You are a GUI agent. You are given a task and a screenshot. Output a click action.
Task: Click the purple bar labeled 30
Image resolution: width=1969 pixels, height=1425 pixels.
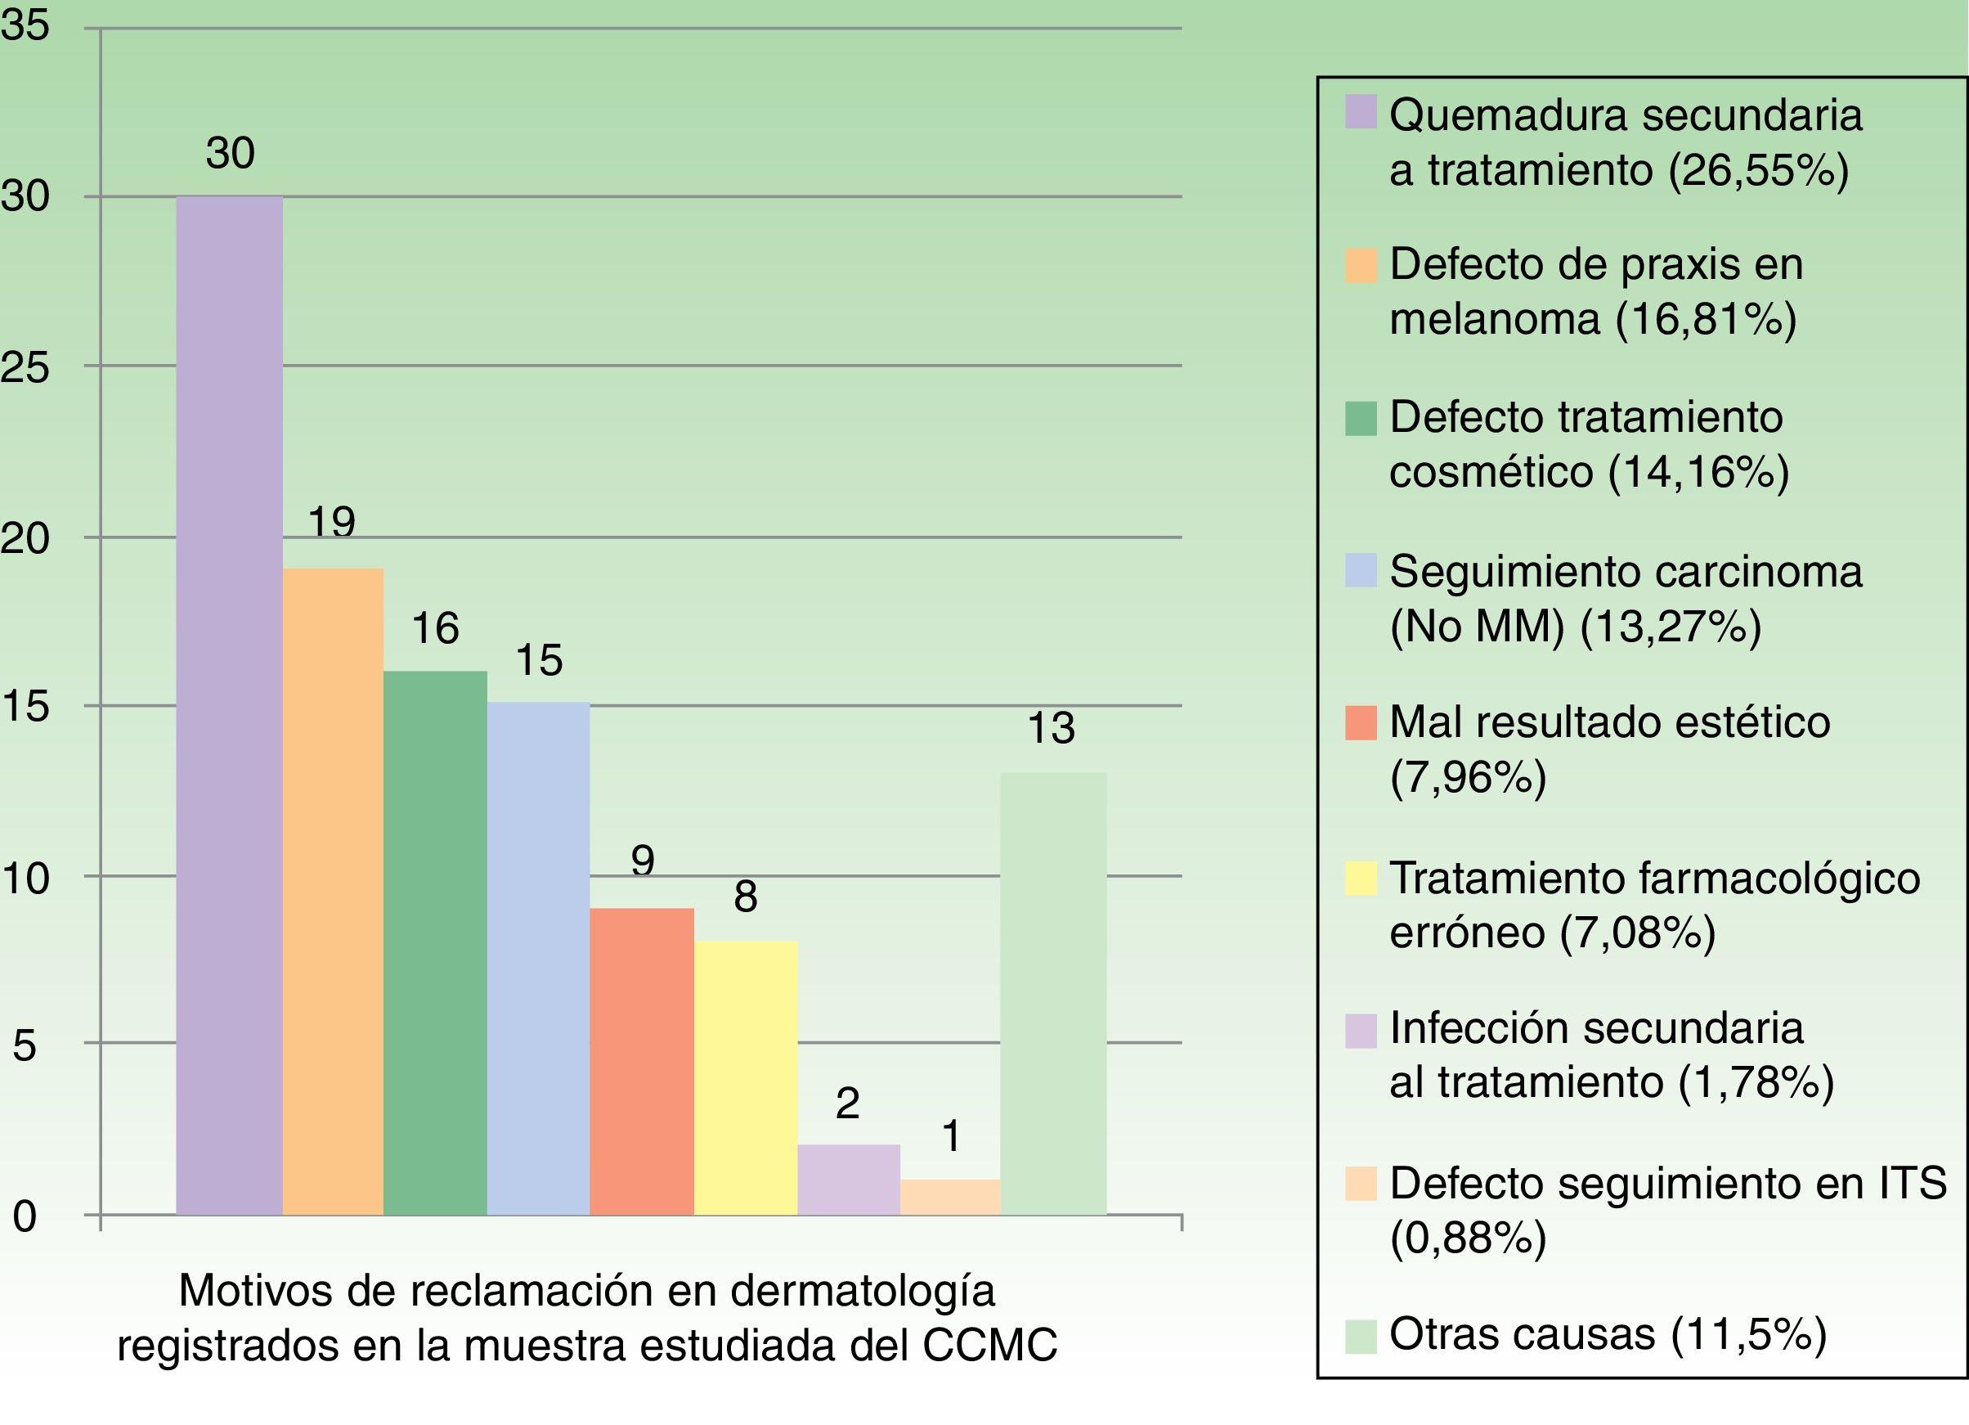[x=229, y=705]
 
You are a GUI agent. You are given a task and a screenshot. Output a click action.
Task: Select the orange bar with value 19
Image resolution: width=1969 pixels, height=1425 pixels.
[x=333, y=891]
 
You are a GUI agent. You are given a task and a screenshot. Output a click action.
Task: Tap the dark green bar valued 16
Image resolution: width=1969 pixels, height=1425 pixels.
[x=435, y=942]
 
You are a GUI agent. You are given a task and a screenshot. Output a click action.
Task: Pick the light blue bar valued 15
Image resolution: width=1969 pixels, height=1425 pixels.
[x=538, y=958]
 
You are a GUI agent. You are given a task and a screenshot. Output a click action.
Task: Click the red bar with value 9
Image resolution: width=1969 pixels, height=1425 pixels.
[x=642, y=1061]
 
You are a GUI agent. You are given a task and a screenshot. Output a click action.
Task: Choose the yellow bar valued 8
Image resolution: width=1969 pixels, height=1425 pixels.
[x=745, y=1077]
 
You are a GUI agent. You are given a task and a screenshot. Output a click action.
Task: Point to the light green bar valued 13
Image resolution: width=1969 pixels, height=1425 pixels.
[x=1053, y=993]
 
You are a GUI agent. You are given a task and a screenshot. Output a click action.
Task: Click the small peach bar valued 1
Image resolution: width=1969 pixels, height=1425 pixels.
[x=950, y=1197]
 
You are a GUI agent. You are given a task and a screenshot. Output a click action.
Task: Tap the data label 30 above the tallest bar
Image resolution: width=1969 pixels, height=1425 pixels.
[x=230, y=154]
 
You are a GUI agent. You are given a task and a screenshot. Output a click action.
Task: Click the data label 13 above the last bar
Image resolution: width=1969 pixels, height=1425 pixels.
[x=1052, y=729]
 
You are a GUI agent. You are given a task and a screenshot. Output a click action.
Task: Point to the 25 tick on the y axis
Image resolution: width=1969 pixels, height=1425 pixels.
[x=25, y=368]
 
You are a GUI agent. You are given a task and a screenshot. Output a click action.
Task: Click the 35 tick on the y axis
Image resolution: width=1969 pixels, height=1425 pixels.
[x=25, y=27]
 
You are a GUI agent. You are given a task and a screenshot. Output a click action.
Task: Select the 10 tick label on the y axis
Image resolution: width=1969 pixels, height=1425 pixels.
[x=25, y=879]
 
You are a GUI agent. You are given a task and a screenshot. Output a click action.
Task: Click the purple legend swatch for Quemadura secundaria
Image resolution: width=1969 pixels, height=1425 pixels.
[x=1361, y=112]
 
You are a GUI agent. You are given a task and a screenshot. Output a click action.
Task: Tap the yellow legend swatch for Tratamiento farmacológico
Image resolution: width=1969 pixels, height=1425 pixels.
[x=1361, y=878]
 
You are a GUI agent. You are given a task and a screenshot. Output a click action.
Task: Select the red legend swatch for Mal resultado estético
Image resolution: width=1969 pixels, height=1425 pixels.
[x=1361, y=723]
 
